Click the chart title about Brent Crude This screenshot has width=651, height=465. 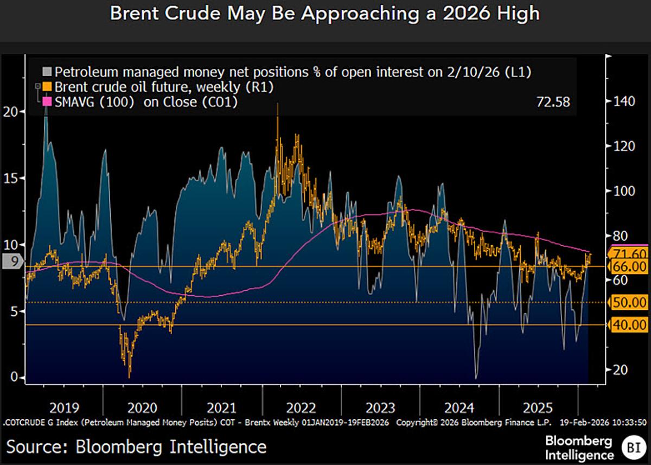(x=325, y=14)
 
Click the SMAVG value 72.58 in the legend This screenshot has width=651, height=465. (x=552, y=101)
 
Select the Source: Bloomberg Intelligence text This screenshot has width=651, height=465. (x=136, y=447)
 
